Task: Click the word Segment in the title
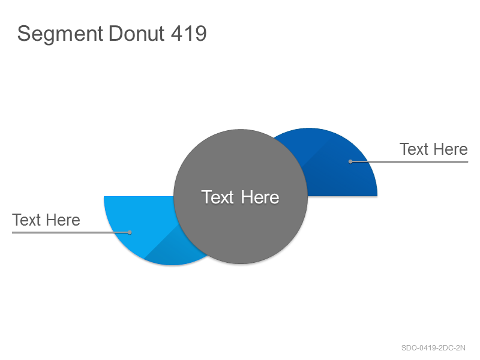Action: tap(60, 34)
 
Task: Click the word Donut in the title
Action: tap(137, 33)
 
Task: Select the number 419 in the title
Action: tap(188, 33)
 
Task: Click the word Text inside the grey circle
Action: tap(217, 197)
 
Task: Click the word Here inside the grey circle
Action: tap(260, 197)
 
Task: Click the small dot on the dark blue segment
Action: tap(350, 161)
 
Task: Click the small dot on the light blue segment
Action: tap(130, 232)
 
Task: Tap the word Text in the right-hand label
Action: tap(414, 149)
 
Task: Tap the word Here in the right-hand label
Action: tap(451, 149)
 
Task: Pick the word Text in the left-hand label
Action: tap(26, 220)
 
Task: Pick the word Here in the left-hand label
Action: tap(63, 220)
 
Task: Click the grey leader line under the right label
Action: tap(409, 161)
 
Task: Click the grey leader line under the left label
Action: tap(71, 232)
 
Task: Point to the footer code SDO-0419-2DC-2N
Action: tap(433, 348)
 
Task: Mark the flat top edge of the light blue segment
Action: tap(139, 197)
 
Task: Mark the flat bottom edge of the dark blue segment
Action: tap(342, 196)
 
